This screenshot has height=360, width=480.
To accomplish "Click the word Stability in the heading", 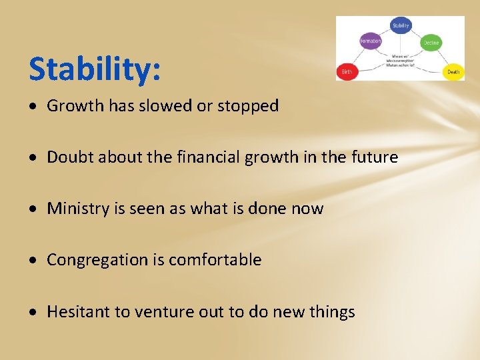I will (x=91, y=69).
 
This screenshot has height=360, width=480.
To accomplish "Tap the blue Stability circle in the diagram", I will (x=401, y=26).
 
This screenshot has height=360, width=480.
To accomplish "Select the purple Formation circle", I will (x=370, y=41).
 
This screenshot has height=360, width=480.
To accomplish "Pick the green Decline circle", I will (x=431, y=42).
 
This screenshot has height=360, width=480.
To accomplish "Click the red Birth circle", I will (x=347, y=71).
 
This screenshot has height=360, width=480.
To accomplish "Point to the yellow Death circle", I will (x=453, y=71).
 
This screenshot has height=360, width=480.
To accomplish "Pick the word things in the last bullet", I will (x=331, y=312).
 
